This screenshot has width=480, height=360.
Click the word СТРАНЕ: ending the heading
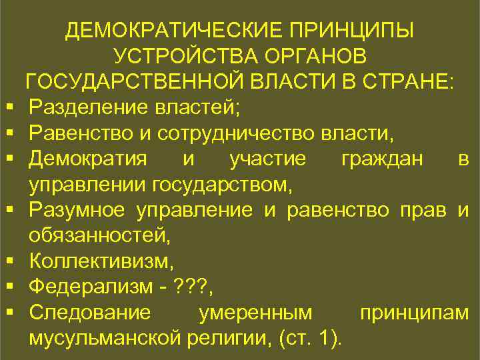tap(409, 81)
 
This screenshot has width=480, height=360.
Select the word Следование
tap(91, 312)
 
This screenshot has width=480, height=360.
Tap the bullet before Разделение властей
tap(13, 107)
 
